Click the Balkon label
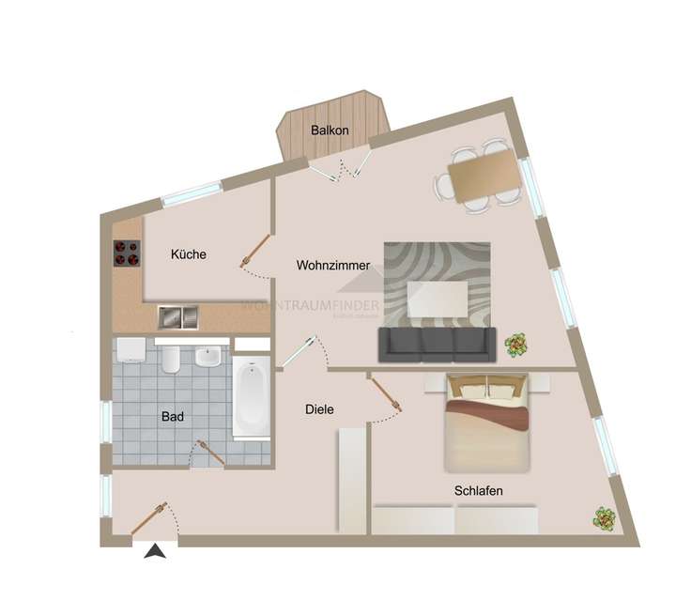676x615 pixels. pyautogui.click(x=330, y=131)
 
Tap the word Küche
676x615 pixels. pyautogui.click(x=189, y=254)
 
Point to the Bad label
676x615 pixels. pyautogui.click(x=172, y=416)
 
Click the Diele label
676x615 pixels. pyautogui.click(x=320, y=409)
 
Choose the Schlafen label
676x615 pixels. pyautogui.click(x=479, y=491)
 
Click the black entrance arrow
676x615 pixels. pyautogui.click(x=154, y=552)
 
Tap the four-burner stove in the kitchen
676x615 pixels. pyautogui.click(x=127, y=252)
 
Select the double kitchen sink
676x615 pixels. pyautogui.click(x=178, y=316)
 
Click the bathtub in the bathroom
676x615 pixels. pyautogui.click(x=252, y=400)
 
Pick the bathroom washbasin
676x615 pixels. pyautogui.click(x=209, y=357)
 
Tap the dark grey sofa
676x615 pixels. pyautogui.click(x=437, y=344)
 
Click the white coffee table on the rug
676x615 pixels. pyautogui.click(x=438, y=299)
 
